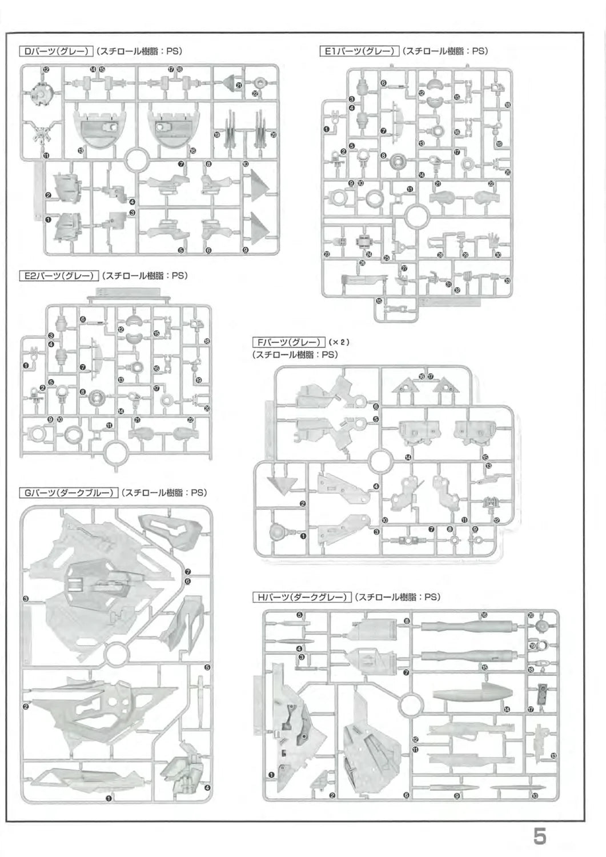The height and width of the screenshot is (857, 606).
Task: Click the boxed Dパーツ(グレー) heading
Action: click(56, 51)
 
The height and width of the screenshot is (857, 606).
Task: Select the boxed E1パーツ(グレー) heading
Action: click(359, 51)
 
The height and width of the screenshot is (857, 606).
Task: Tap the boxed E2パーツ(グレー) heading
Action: click(59, 275)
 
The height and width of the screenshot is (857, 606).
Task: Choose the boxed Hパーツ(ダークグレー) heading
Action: click(302, 598)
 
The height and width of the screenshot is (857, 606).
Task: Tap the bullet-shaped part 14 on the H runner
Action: click(470, 693)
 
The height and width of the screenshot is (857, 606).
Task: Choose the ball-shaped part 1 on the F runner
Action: click(278, 532)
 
